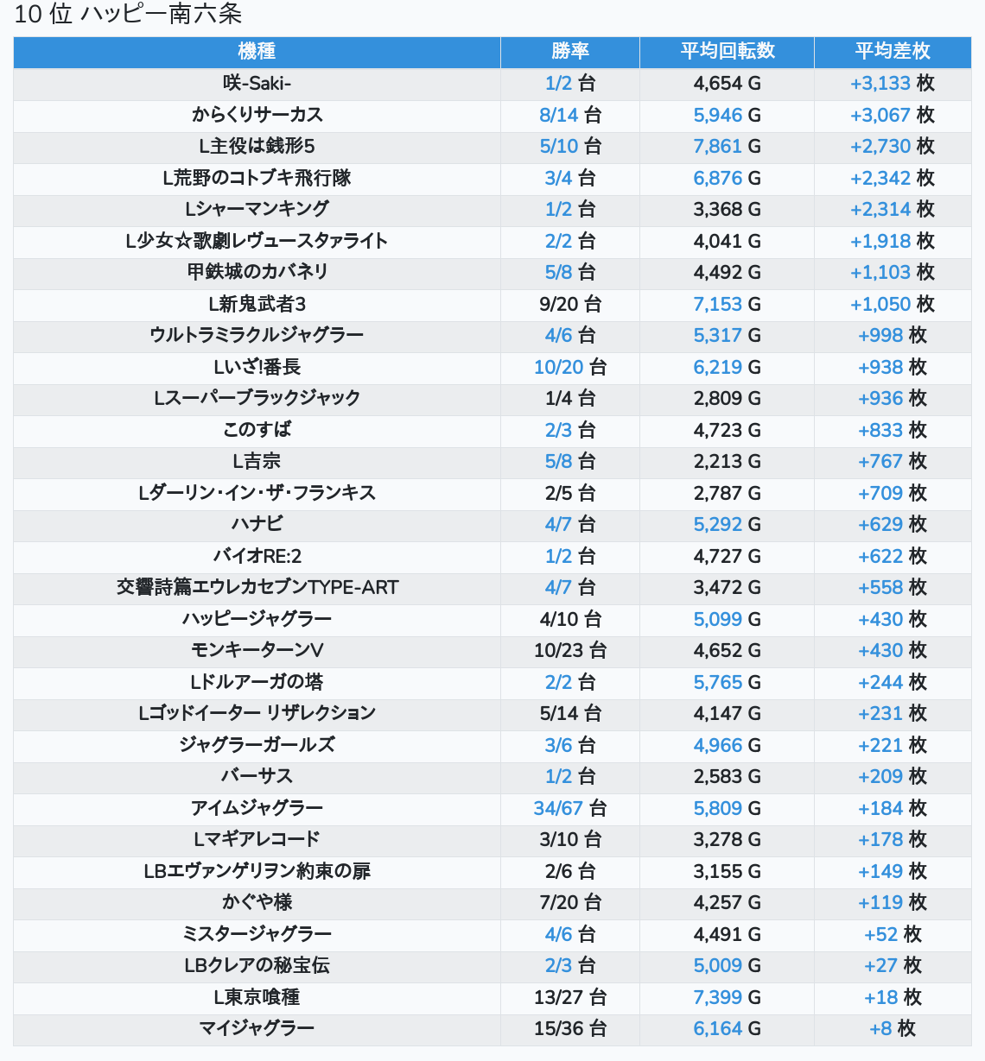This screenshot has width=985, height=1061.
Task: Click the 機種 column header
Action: [257, 52]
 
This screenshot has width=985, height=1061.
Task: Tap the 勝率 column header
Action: [570, 52]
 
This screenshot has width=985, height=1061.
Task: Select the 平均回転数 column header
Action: [727, 52]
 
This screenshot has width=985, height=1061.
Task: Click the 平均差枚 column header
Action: [893, 52]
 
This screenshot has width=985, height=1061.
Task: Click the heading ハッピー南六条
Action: [161, 15]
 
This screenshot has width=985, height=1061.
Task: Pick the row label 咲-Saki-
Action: [257, 84]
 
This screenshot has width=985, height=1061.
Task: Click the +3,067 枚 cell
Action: [893, 115]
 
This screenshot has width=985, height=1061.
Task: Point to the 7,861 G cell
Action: [727, 147]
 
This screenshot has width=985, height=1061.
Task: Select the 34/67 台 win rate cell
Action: [570, 808]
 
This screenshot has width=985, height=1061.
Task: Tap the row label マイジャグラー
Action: [257, 1028]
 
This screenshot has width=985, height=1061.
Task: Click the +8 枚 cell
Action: [893, 1028]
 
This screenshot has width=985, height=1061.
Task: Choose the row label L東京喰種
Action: [257, 997]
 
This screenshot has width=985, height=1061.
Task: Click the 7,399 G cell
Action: [727, 997]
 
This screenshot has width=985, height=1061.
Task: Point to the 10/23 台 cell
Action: [570, 650]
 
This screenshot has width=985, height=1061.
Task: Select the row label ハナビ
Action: [257, 524]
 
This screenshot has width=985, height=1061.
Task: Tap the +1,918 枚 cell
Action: [893, 241]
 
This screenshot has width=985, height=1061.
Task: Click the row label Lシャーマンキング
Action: [257, 209]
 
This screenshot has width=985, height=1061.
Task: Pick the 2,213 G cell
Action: [727, 461]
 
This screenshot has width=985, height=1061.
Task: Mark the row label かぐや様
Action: [257, 902]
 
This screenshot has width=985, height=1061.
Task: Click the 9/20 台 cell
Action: [570, 304]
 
